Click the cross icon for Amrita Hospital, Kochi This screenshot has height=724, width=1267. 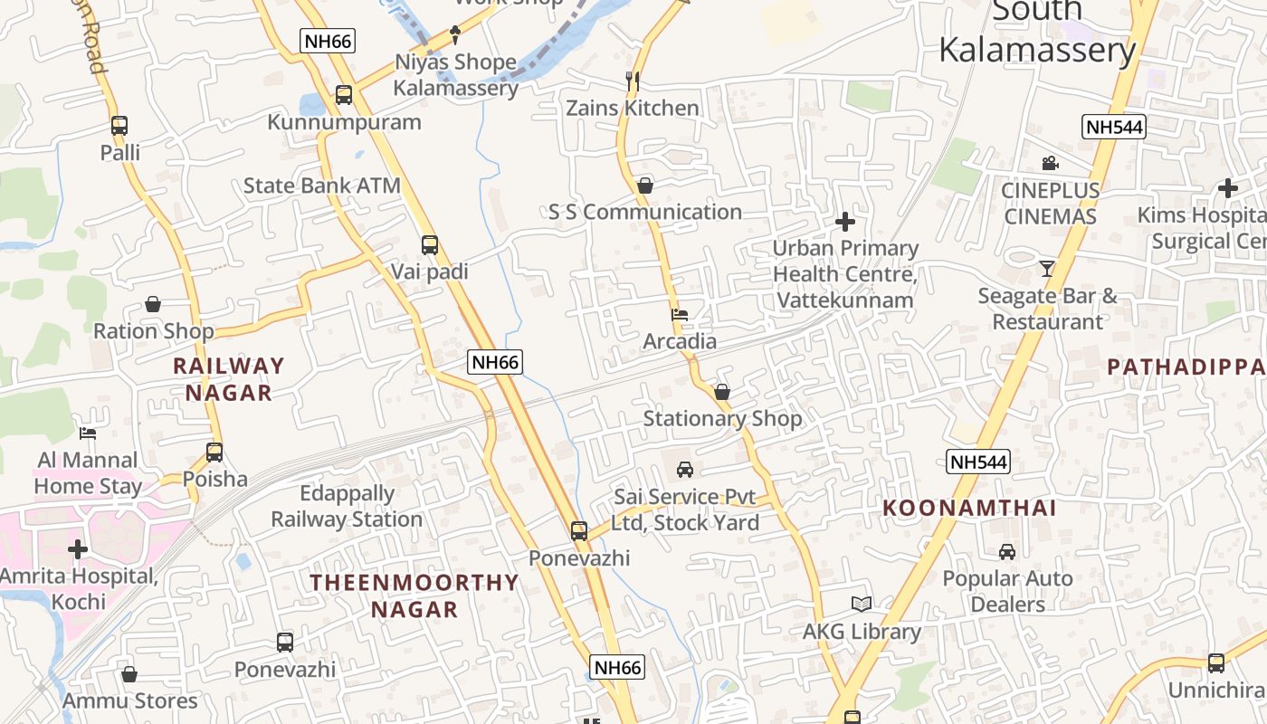pos(78,549)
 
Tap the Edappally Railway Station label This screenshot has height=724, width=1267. pos(347,507)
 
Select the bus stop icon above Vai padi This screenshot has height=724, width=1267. pos(430,245)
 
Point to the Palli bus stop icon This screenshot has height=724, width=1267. pos(119,126)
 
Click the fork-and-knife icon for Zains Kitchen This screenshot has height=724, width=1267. pos(633,81)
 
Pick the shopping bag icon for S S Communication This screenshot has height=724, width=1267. pos(645,186)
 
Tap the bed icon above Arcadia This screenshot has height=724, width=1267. pos(680,315)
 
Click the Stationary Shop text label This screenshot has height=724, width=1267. pos(722,419)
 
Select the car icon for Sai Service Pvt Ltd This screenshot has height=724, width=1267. pos(685,470)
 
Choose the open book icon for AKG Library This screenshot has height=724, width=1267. pos(862,605)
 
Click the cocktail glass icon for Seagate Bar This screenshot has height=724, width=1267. pos(1047,269)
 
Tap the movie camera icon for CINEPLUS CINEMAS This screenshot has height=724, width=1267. pos(1050,164)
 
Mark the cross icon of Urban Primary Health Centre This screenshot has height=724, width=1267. pos(845,222)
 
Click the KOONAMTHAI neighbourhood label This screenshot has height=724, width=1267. pos(969,509)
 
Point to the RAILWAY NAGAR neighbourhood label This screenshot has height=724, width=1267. pos(229,379)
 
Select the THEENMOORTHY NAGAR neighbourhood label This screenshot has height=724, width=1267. pos(415,595)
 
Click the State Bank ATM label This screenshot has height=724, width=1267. pos(321,186)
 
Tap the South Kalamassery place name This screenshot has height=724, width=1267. pos(1037,33)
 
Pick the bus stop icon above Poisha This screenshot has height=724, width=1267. pos(214,452)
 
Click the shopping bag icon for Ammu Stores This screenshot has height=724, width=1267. pos(129,674)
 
